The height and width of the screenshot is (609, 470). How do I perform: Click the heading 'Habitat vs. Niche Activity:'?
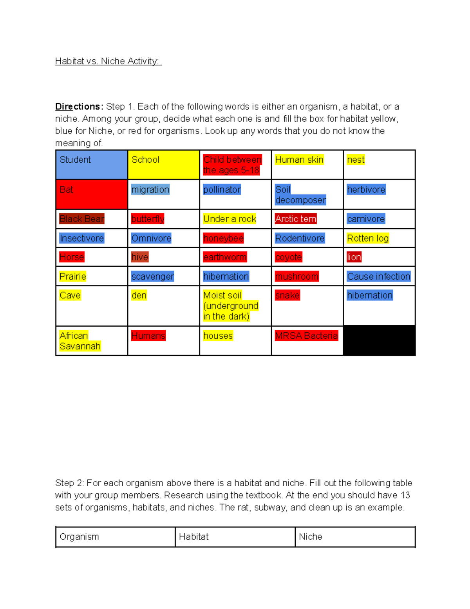(108, 61)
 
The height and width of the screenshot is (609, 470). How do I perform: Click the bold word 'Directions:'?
(79, 107)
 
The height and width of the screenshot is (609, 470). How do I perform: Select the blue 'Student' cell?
(92, 165)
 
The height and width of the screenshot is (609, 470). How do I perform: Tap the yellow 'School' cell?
(163, 165)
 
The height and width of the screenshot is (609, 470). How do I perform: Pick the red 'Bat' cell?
(92, 194)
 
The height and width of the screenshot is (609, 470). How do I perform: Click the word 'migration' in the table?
(150, 190)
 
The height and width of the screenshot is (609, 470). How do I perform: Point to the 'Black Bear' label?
(82, 219)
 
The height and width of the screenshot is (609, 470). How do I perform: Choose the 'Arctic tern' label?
(296, 219)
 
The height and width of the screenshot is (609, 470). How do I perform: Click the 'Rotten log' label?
(368, 238)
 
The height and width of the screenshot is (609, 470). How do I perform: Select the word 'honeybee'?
(223, 238)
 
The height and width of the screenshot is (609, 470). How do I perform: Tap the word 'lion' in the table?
(354, 257)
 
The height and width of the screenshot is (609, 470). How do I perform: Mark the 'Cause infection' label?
(378, 276)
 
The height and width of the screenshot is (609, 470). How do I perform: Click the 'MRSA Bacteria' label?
(306, 336)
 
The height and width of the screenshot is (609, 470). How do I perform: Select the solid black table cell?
(379, 340)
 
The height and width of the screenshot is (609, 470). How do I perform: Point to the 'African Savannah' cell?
(80, 341)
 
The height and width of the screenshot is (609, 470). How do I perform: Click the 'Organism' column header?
(80, 537)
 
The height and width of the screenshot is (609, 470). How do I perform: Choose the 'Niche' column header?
(311, 537)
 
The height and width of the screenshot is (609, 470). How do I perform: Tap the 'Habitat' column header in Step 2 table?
(194, 537)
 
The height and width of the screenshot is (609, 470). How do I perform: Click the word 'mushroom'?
(297, 276)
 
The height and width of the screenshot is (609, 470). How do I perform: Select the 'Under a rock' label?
(230, 219)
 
